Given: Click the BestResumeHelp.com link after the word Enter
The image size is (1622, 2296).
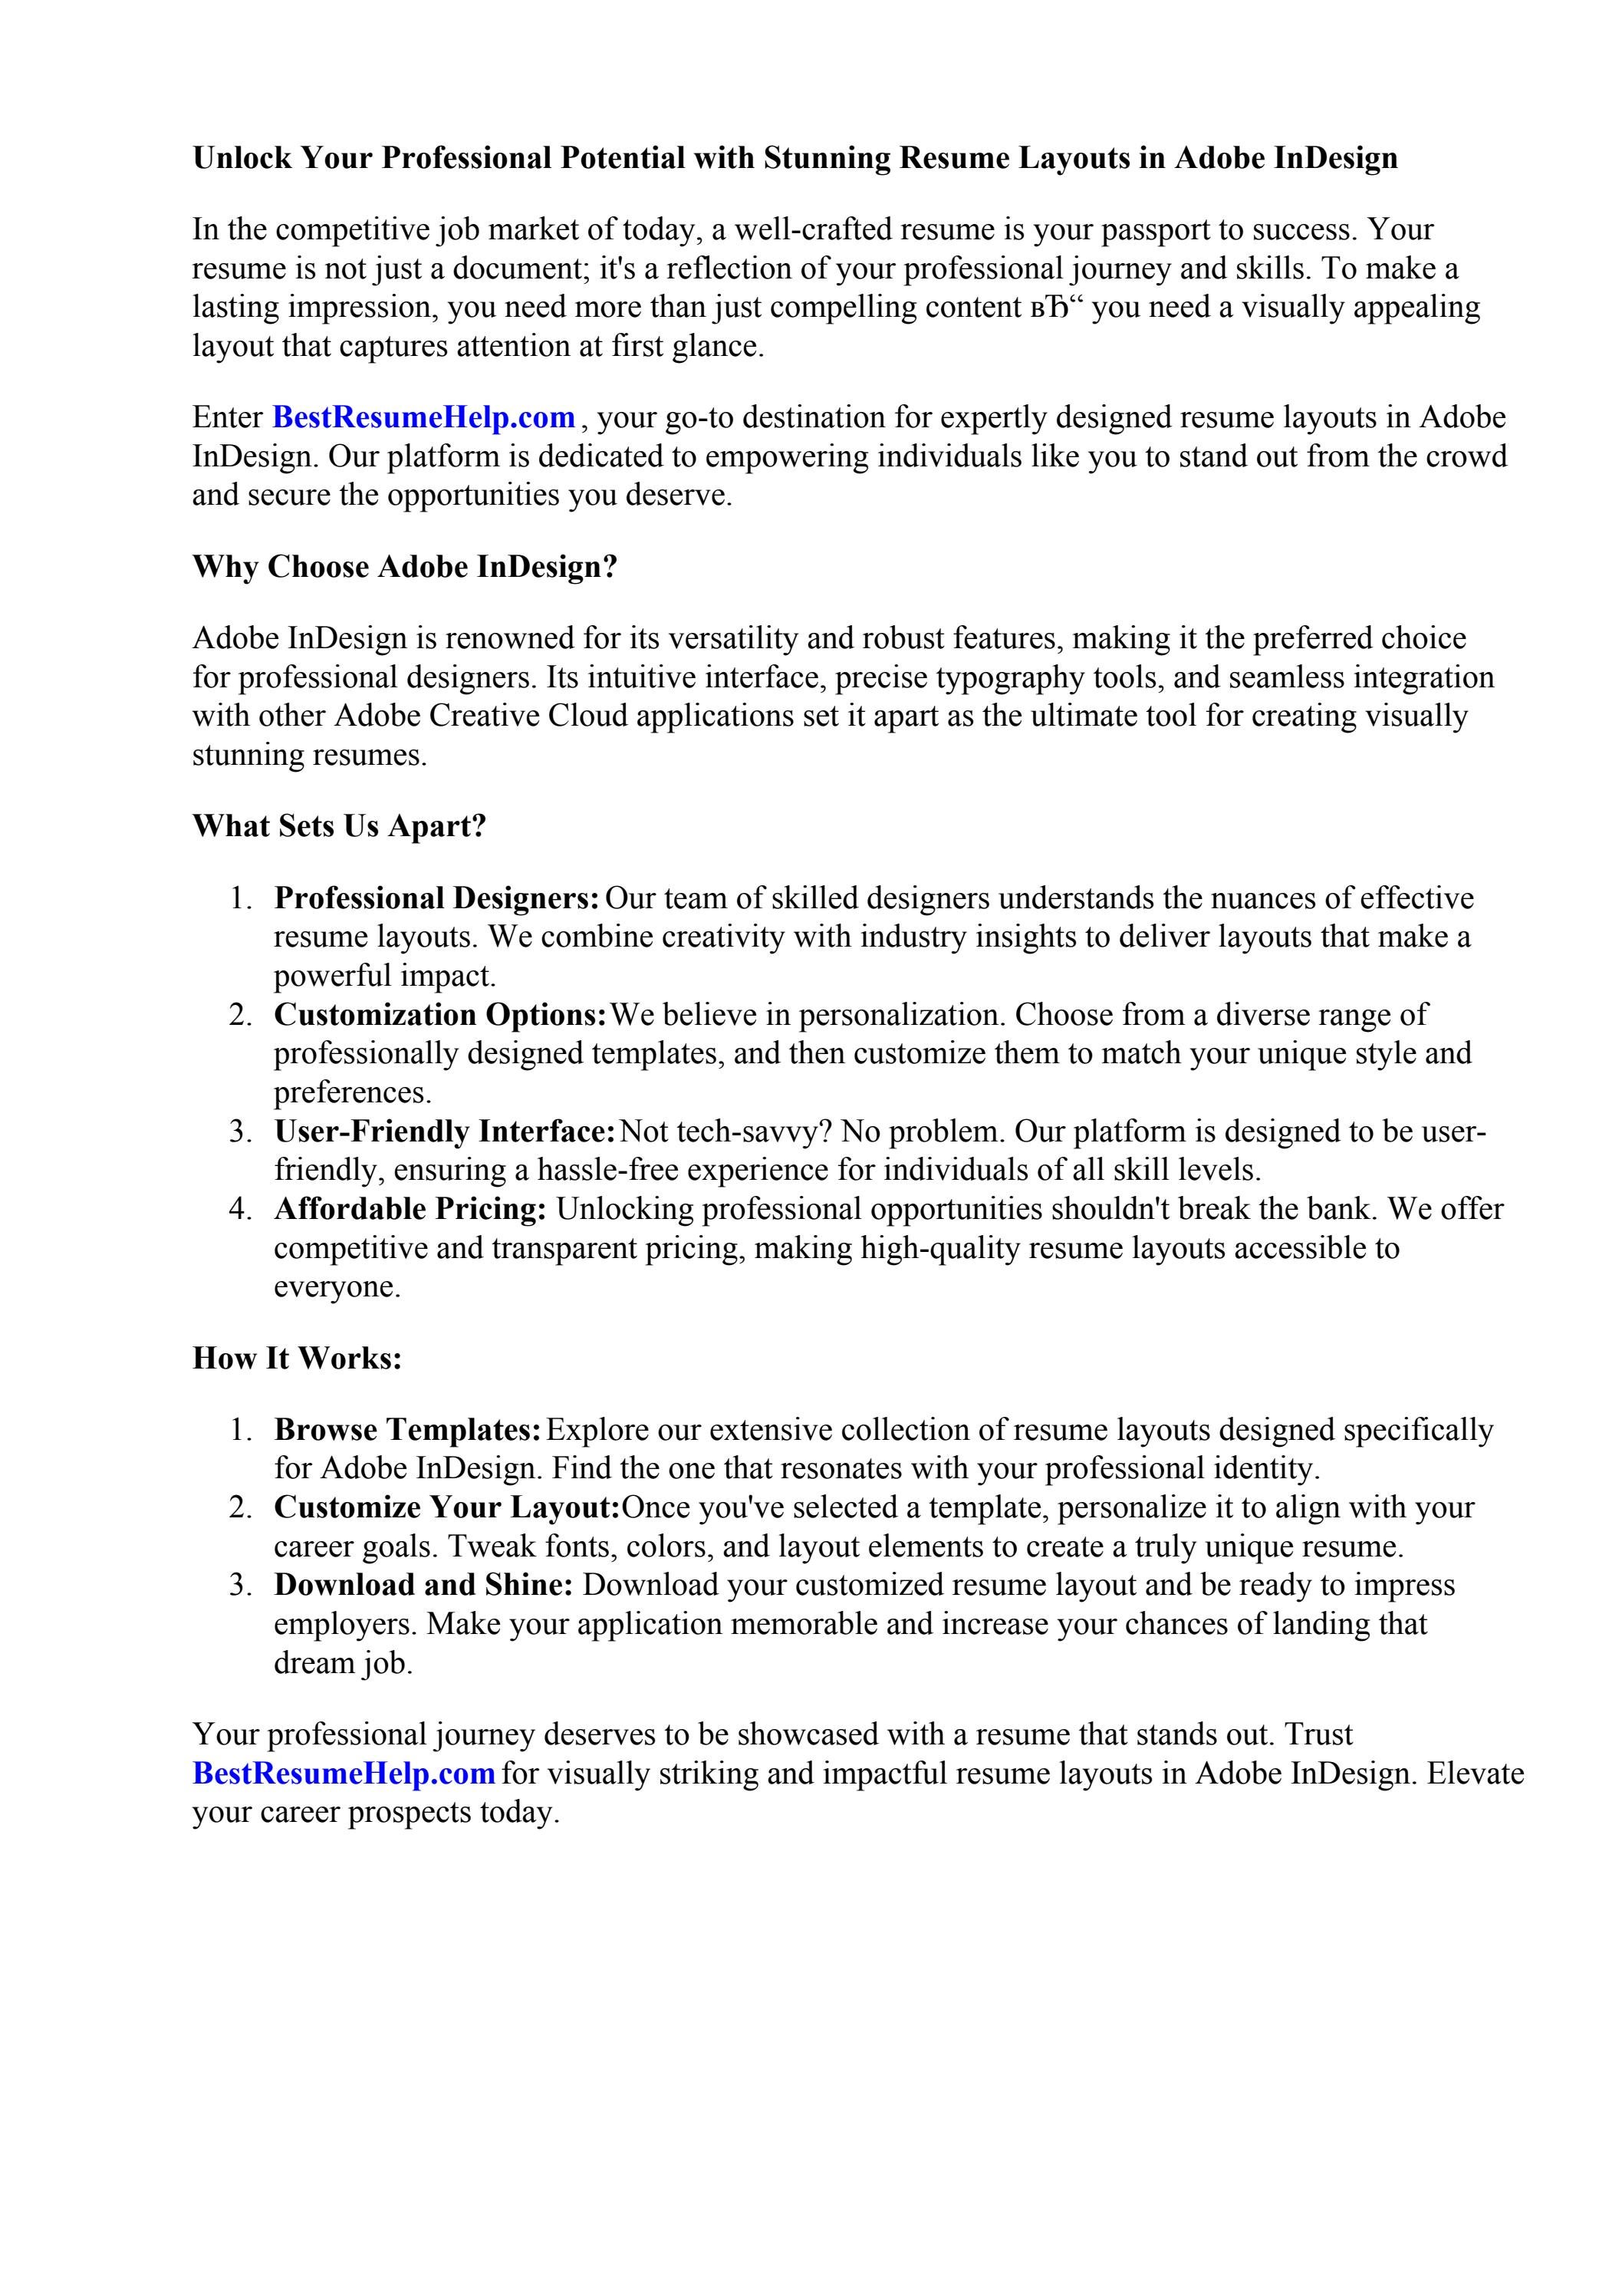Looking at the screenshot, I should click(423, 417).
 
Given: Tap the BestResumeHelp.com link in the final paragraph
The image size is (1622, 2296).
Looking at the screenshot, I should click(343, 1773).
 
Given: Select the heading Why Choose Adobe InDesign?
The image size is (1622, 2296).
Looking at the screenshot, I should click(404, 567).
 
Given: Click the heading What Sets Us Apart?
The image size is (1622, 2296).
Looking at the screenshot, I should click(338, 826).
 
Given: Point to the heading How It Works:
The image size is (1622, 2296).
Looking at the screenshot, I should click(297, 1358).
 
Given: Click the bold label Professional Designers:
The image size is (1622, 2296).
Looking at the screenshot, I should click(436, 898).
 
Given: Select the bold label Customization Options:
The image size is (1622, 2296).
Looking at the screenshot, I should click(440, 1015).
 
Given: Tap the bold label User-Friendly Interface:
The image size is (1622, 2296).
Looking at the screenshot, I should click(444, 1132).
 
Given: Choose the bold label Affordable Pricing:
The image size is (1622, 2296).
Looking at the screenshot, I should click(410, 1209).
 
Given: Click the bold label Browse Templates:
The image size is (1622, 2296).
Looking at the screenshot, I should click(408, 1430).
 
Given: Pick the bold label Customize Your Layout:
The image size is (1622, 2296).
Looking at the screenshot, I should click(446, 1507).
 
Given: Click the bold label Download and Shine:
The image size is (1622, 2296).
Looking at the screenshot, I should click(423, 1585).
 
